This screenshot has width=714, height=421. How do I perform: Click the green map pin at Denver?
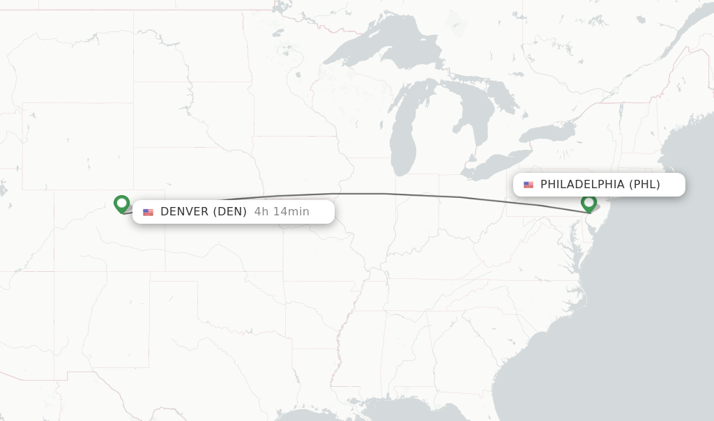122,204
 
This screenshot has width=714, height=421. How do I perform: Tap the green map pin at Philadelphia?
588,203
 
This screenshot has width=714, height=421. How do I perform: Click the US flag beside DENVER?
148,212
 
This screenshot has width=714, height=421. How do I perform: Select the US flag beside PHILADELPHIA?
529,185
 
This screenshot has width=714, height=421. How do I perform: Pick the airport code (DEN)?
229,212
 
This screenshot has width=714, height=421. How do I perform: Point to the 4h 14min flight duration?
282,212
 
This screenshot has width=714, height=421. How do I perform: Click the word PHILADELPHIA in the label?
582,185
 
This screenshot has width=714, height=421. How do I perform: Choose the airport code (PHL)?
644,185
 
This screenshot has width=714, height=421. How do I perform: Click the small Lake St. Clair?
479,152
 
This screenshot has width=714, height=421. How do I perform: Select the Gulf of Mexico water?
390,411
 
